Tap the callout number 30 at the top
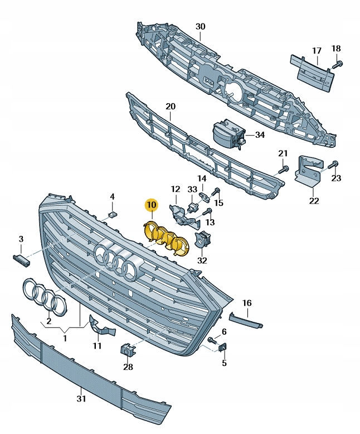(200, 26)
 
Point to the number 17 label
(317, 51)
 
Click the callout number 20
(170, 106)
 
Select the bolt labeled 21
(284, 168)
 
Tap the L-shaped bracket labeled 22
(308, 170)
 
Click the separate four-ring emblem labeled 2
(44, 296)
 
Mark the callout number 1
(66, 338)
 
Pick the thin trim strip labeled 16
(246, 320)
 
